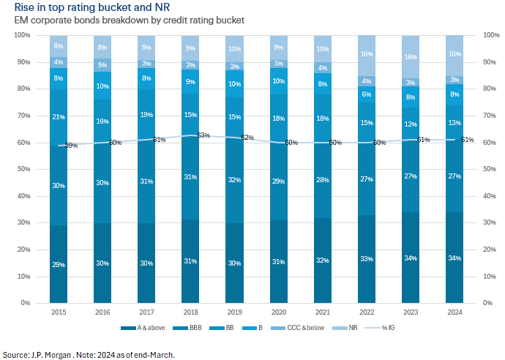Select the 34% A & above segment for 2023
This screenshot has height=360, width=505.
pos(410,258)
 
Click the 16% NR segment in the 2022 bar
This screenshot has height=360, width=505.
pos(366,54)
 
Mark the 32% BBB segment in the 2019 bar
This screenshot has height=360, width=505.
pos(234,179)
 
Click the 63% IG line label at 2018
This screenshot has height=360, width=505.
pos(203,135)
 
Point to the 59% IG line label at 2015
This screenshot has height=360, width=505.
pos(71,146)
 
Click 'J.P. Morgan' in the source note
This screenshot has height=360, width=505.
pos(46,354)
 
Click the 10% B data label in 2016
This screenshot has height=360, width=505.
pos(102,86)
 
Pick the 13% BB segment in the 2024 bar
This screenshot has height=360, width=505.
pos(454,122)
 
